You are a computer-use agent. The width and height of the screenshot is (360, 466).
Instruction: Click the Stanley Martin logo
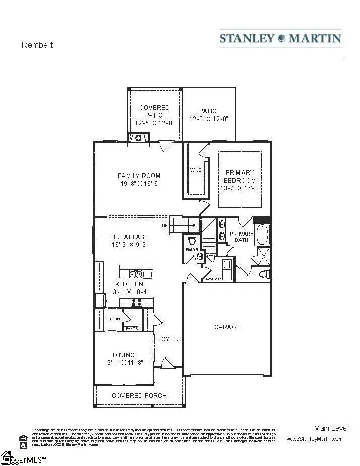280,38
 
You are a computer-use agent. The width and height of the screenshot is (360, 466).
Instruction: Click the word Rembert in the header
37,45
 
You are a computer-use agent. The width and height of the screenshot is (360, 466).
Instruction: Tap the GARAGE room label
227,327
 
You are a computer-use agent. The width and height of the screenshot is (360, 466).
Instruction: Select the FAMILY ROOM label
139,176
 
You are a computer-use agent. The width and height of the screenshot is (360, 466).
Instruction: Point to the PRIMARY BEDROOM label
240,177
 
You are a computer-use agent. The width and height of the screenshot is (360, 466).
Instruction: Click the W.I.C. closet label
196,170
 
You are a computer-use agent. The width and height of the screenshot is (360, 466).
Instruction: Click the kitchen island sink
135,274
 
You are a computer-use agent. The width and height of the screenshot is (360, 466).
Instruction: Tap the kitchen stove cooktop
136,303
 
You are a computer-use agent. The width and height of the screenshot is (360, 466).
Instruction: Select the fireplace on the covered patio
138,137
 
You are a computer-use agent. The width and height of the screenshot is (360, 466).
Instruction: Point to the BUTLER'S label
113,319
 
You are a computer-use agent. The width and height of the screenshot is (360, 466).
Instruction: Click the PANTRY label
133,328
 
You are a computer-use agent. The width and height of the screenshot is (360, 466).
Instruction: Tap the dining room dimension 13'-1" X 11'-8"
124,362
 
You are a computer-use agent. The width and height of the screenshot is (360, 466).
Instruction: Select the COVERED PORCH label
139,395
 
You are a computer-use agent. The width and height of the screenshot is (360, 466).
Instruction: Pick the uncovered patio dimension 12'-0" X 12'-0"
209,119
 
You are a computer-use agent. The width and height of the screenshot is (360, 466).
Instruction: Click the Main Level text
331,428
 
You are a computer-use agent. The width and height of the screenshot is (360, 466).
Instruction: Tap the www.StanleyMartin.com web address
315,439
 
